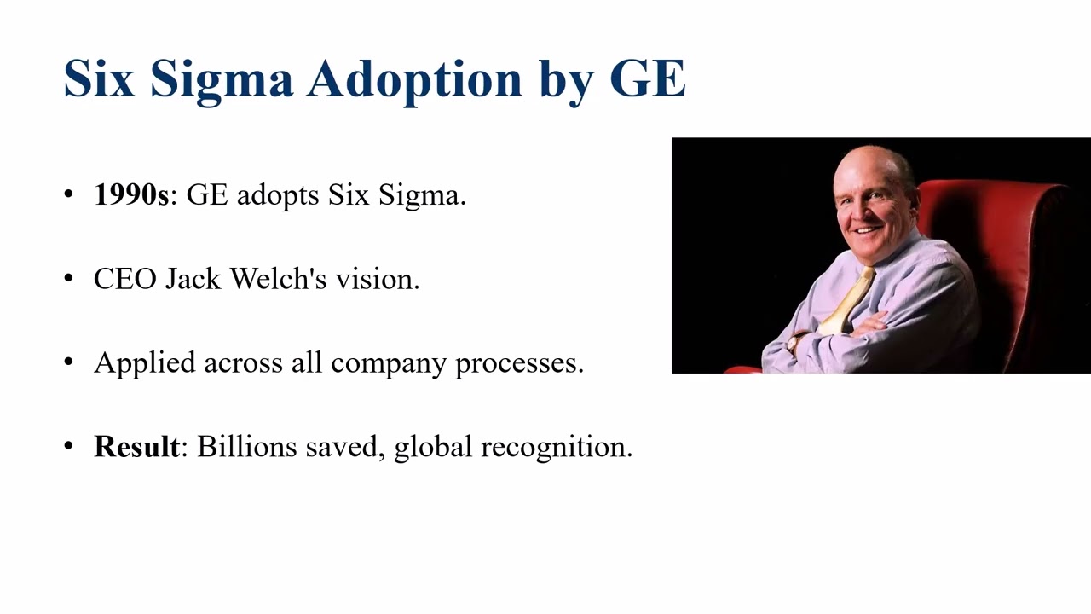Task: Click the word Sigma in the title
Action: (221, 78)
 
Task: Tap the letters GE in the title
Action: (648, 78)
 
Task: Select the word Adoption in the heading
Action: (415, 78)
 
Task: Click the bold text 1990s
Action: (131, 195)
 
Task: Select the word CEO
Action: (124, 279)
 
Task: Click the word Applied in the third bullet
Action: (144, 362)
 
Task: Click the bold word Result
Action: (136, 446)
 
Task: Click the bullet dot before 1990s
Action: (69, 195)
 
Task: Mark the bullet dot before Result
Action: (69, 446)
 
